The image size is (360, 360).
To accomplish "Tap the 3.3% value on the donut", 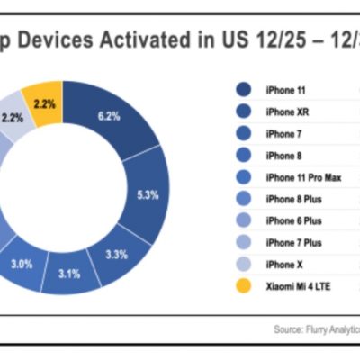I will coord(117,255).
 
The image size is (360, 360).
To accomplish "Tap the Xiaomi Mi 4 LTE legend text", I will coord(298,285).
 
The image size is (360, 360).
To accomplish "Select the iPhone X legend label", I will coord(280,264).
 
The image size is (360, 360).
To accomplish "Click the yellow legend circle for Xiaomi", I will coord(243,285).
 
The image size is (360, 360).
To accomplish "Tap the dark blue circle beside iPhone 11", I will coord(243,89).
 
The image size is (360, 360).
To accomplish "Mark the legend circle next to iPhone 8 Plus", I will coord(243,198).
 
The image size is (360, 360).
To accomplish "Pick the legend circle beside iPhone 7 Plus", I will coord(243,242).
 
